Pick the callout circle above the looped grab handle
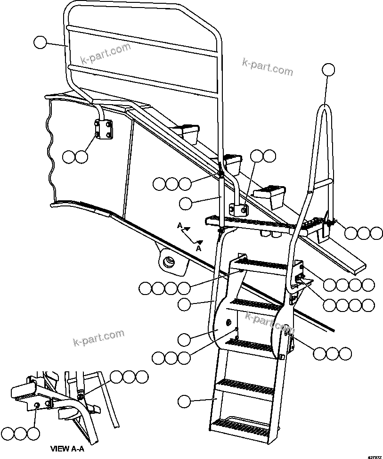point(328,70)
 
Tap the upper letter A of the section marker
point(179,226)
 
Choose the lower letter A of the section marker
point(199,247)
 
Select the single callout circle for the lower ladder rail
point(185,401)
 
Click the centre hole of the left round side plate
point(228,322)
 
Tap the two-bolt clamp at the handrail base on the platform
point(239,209)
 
